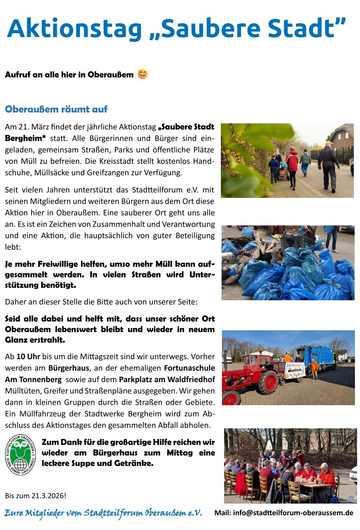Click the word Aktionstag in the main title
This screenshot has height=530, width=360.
coord(74,29)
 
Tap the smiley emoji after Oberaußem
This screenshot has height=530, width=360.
coord(143,74)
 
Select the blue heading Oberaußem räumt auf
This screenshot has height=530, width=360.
coord(56,109)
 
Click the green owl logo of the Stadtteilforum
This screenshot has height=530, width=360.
coord(21,455)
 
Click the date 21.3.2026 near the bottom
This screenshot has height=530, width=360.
coord(48,496)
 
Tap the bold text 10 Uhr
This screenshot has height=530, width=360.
coord(28,357)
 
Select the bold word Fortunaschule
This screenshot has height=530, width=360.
coord(189,368)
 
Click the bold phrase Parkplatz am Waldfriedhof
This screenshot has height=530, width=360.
coord(167,380)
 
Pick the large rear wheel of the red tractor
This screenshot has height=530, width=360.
coord(268,382)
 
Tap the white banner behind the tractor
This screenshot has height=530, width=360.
coord(295,370)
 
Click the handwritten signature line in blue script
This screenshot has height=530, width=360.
coord(103,513)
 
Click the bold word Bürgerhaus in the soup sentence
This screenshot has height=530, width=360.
coord(115,453)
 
